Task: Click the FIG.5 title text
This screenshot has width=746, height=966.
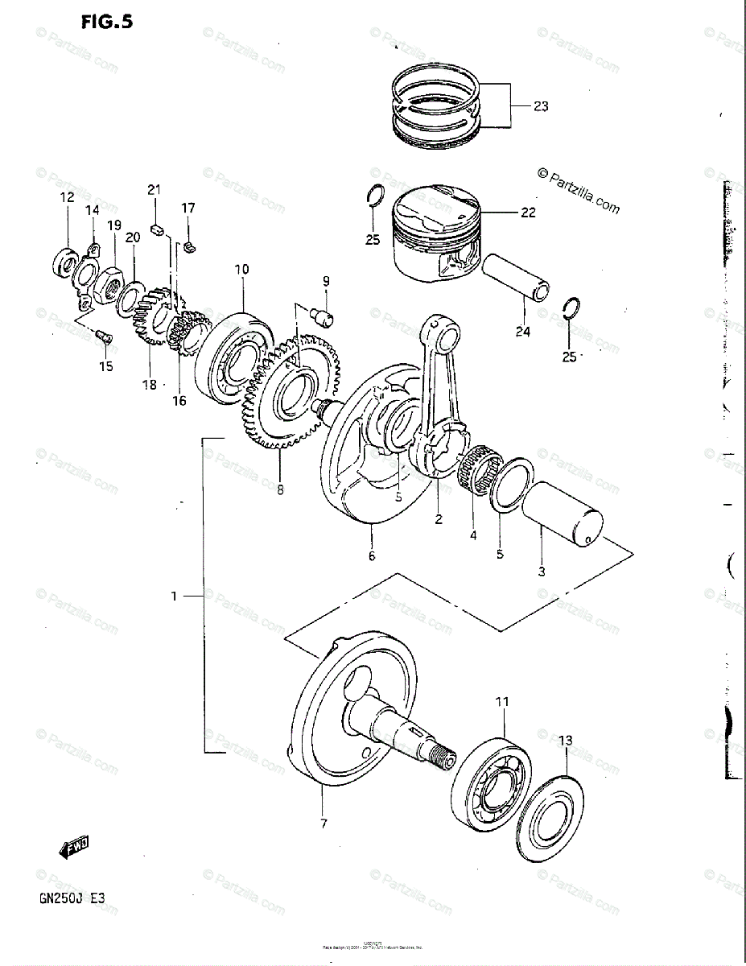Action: [105, 22]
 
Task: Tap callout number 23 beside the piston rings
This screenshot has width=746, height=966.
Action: [540, 105]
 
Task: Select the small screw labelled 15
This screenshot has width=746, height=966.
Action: [101, 338]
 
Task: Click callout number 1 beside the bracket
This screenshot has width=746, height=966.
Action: [173, 596]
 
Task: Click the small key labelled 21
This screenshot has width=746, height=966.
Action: [158, 225]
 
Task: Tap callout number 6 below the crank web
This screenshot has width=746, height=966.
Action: [372, 555]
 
